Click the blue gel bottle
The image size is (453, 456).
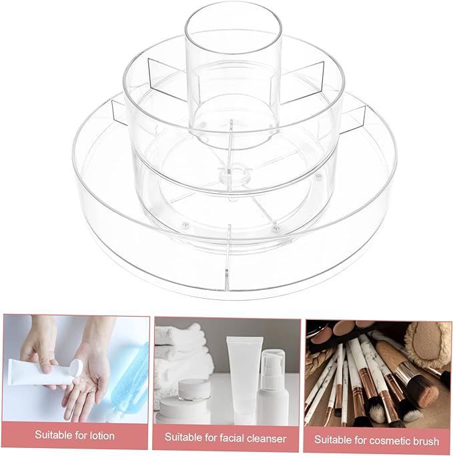(x=129, y=375)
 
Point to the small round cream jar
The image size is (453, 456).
(x=194, y=389)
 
